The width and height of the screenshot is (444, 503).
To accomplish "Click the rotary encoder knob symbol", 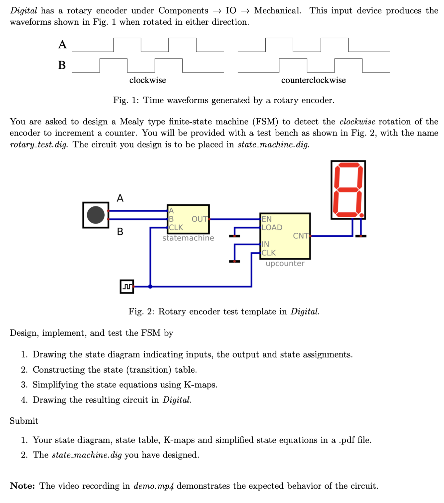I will tap(96, 215).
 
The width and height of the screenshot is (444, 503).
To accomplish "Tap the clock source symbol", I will tap(127, 287).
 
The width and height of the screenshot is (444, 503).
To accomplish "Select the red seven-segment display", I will tap(348, 190).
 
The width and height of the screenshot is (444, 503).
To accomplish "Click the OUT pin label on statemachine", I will tap(199, 219).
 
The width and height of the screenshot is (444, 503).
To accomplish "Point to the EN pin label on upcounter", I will tap(266, 219).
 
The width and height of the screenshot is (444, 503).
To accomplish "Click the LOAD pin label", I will tap(272, 227).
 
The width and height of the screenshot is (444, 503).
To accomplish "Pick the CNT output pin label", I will tap(300, 236).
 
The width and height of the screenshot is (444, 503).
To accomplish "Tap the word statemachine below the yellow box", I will tap(188, 238).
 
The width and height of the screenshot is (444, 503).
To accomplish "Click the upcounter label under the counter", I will tap(285, 264).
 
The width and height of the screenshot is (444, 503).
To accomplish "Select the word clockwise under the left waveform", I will tap(147, 80).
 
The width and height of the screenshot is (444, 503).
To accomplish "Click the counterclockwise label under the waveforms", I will tap(313, 80).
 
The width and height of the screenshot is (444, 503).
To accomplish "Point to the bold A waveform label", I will tap(62, 45).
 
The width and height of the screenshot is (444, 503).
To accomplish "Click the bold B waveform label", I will tap(62, 65).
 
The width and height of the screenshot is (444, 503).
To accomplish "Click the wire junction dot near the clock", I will tap(150, 287).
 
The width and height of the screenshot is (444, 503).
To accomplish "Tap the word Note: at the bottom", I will tap(22, 486).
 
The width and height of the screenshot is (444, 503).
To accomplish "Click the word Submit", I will tap(24, 421).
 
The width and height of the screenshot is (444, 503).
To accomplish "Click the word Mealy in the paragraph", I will tap(132, 122).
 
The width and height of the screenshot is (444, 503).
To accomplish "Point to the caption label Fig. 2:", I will tap(141, 312).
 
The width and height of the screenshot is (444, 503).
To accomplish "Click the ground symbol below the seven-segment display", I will tap(361, 236).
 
